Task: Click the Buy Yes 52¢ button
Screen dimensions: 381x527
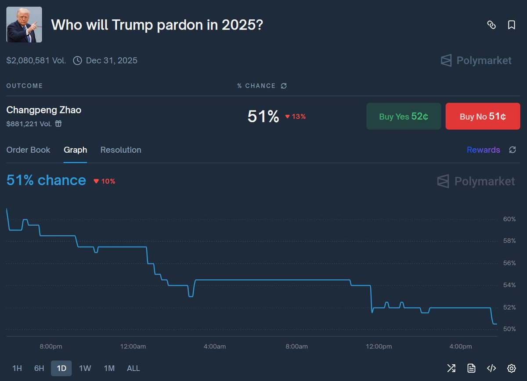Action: (404, 117)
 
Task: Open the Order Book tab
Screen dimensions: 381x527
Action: (28, 150)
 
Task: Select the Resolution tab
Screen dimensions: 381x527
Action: (121, 150)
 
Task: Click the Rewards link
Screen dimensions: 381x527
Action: (483, 150)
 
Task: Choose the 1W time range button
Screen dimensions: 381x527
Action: (85, 368)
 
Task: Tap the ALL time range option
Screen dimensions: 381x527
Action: (134, 368)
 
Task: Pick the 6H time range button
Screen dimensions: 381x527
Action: (39, 368)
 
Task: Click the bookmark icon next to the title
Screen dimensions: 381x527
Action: (511, 25)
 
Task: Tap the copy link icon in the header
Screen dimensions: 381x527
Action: (491, 25)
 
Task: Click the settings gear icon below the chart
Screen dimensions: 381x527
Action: (511, 368)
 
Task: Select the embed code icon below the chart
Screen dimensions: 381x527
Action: (491, 368)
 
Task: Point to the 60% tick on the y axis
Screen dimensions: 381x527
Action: (509, 219)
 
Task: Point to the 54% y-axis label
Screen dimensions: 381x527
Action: (509, 285)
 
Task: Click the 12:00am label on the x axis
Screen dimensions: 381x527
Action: (133, 347)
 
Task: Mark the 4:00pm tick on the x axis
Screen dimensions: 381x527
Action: (460, 347)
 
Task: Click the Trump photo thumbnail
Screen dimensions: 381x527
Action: (24, 25)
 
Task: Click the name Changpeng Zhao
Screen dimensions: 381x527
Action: (44, 110)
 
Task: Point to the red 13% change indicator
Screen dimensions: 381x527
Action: (296, 117)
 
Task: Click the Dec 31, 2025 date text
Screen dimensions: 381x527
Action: (112, 61)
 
